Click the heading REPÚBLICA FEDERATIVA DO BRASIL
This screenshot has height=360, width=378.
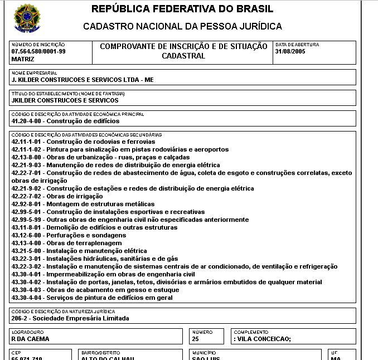182,9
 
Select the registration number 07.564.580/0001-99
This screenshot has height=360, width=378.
38,51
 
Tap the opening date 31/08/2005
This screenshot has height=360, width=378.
291,51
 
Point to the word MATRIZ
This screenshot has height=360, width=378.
23,59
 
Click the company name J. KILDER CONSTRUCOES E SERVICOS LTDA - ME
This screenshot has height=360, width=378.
83,80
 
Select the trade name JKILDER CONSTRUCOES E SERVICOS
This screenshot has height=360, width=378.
65,101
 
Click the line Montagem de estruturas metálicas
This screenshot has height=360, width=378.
83,205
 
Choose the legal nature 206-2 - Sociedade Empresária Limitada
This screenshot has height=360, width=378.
70,318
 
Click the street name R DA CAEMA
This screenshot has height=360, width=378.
31,339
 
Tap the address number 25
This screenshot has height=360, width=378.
195,339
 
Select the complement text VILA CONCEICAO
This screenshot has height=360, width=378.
264,339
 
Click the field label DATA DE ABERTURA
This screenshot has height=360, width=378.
297,45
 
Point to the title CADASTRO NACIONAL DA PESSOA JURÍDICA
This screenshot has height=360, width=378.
182,26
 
